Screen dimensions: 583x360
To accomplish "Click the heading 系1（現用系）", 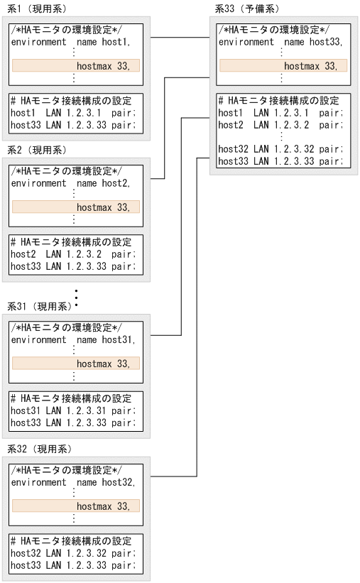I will click(36, 9).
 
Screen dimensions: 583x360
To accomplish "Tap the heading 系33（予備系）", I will click(246, 9).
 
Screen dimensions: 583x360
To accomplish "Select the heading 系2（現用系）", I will click(36, 151).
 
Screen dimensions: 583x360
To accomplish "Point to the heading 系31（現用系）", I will click(39, 306).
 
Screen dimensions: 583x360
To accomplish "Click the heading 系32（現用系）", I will click(39, 449).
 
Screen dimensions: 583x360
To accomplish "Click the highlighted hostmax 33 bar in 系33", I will click(283, 66).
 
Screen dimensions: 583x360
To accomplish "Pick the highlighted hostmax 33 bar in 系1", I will click(75, 66).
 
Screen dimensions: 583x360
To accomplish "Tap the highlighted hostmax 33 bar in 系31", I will click(75, 364).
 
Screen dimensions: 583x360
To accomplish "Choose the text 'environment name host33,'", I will click(283, 42).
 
